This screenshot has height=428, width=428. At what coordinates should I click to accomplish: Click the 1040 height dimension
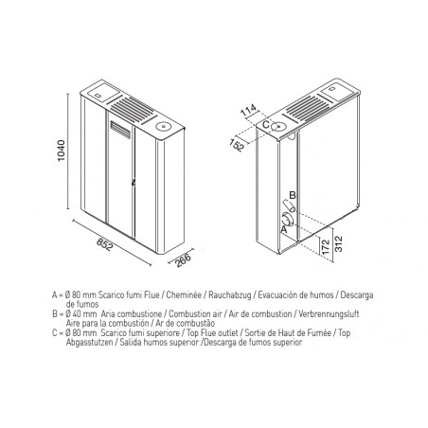pyautogui.click(x=61, y=151)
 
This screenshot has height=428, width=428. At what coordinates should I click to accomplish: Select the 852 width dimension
pyautogui.click(x=104, y=244)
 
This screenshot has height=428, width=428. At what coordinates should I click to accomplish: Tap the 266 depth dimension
pyautogui.click(x=184, y=260)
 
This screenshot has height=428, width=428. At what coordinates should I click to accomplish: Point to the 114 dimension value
pyautogui.click(x=249, y=111)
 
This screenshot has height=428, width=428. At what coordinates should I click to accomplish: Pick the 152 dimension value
pyautogui.click(x=238, y=145)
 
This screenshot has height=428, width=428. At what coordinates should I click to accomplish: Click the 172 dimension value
pyautogui.click(x=327, y=246)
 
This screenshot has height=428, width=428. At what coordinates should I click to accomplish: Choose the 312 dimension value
pyautogui.click(x=338, y=243)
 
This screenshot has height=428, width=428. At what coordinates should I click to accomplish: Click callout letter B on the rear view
pyautogui.click(x=293, y=195)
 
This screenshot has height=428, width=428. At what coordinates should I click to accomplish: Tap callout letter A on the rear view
pyautogui.click(x=284, y=229)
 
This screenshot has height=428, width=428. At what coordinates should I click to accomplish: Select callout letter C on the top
pyautogui.click(x=266, y=124)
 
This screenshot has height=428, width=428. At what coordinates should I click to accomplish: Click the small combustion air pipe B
pyautogui.click(x=289, y=206)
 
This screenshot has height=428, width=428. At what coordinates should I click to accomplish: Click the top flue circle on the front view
pyautogui.click(x=164, y=127)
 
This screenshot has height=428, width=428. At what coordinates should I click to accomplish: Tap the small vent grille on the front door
pyautogui.click(x=120, y=130)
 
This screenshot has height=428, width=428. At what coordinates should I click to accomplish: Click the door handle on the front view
pyautogui.click(x=134, y=182)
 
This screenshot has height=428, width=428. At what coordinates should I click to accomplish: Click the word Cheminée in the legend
pyautogui.click(x=184, y=295)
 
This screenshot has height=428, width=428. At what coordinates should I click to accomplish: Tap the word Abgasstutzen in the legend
pyautogui.click(x=89, y=343)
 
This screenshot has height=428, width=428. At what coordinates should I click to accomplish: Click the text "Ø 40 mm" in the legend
pyautogui.click(x=80, y=314)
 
